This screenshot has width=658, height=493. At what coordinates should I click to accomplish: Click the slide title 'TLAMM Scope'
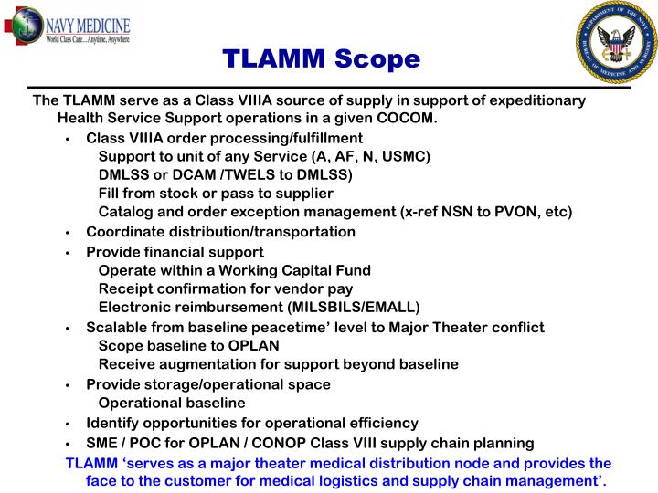pos(322,59)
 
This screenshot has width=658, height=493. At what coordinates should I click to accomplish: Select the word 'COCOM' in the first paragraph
pos(408,119)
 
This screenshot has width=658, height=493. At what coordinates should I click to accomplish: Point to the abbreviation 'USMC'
pos(405,156)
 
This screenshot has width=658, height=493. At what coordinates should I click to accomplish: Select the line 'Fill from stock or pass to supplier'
pos(216,194)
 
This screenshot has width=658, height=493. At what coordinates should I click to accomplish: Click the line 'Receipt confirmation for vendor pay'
pos(225,288)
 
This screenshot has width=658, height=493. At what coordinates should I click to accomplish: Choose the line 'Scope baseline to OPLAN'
pos(188,346)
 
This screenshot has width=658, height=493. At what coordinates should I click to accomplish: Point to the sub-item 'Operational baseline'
pos(172,403)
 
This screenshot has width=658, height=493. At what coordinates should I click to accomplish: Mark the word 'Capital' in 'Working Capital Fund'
pos(282,270)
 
